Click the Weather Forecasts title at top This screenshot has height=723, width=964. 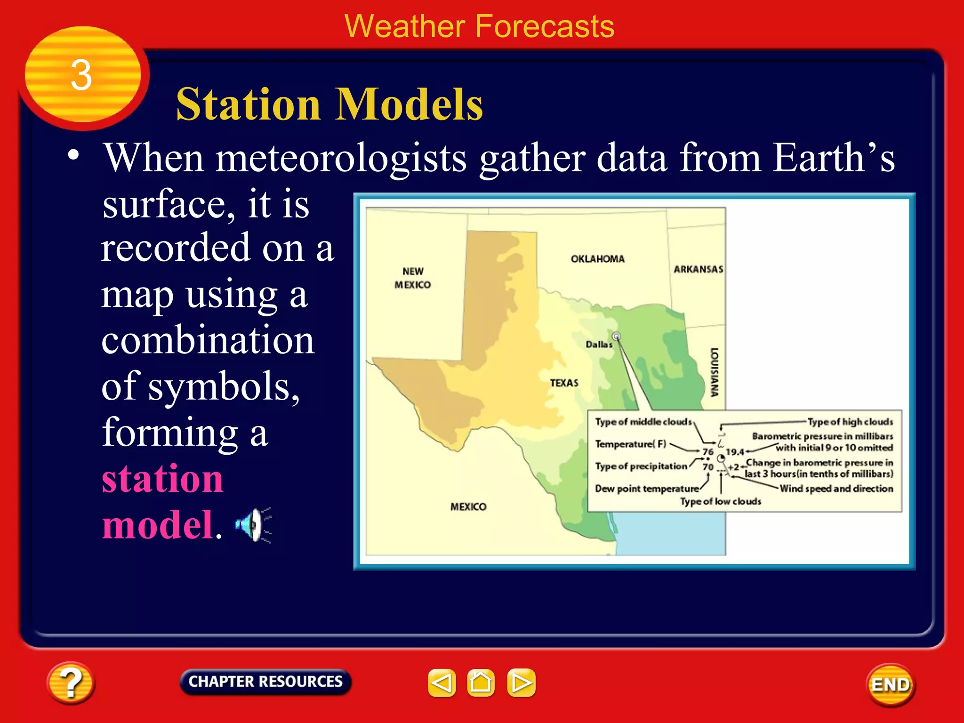479,26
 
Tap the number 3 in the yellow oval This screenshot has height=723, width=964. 81,75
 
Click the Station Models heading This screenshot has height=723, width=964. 329,104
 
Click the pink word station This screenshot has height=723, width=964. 162,479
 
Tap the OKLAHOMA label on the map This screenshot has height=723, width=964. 597,259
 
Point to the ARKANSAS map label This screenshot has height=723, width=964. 698,269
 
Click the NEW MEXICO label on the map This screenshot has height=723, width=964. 412,278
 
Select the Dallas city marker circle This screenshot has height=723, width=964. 616,336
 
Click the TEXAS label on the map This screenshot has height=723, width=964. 564,383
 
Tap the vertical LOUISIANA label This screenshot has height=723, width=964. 714,372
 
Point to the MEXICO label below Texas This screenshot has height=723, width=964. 468,506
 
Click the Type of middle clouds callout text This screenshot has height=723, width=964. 643,422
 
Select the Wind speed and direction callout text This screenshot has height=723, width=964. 836,489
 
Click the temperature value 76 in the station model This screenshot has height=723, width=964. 708,452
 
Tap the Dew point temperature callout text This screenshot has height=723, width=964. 647,489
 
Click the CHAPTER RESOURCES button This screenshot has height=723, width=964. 265,682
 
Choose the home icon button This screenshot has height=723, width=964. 481,683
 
